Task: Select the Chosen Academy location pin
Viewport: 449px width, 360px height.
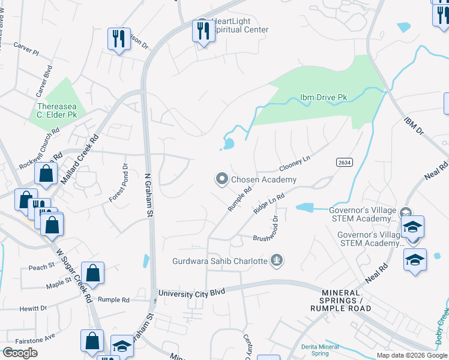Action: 222,179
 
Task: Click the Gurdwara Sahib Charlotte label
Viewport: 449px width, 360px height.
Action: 220,261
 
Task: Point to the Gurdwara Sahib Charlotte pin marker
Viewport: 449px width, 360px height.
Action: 277,260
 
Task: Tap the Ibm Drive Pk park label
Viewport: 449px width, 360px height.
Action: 323,98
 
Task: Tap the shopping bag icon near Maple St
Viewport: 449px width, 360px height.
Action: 92,273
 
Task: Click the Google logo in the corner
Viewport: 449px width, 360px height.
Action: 20,352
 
